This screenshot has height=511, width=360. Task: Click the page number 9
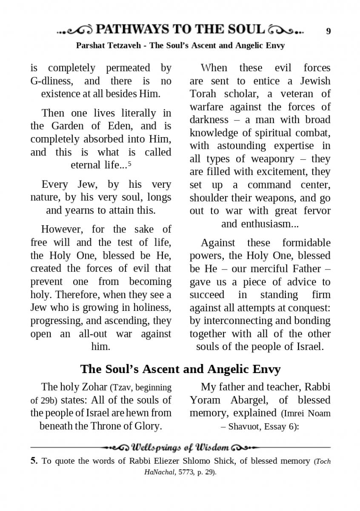click(328, 31)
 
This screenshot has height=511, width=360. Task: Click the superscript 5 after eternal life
click(129, 163)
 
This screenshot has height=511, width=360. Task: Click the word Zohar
click(92, 387)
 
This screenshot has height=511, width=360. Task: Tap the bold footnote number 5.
click(34, 461)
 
